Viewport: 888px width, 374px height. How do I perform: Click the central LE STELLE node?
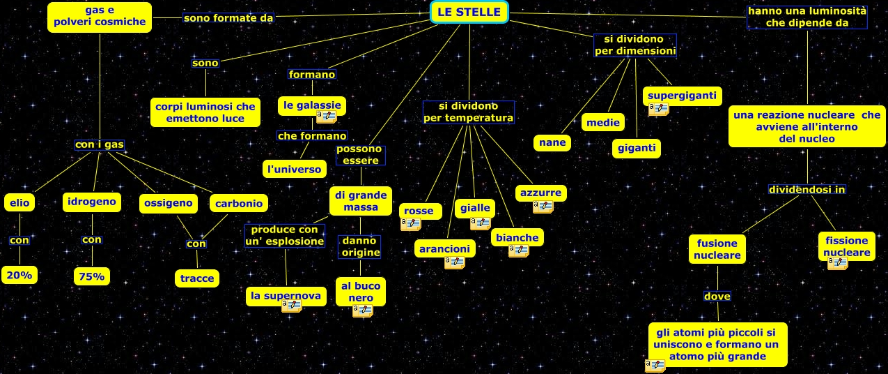point(469,12)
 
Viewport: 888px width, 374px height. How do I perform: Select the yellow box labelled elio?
point(19,203)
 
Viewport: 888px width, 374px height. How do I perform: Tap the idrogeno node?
point(91,202)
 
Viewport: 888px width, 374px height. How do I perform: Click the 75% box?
point(91,276)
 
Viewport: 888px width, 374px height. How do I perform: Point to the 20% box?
point(20,275)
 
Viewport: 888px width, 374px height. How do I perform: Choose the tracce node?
point(196,278)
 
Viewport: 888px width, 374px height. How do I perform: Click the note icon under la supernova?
point(291,306)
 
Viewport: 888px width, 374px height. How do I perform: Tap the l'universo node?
point(294,169)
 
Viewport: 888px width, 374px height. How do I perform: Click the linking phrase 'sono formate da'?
point(228,17)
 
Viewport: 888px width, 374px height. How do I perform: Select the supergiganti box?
point(682,95)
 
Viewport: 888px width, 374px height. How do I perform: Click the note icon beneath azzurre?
point(543,207)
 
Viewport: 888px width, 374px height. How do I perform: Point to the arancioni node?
point(444,248)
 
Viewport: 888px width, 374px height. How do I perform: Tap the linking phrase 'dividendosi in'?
point(807,189)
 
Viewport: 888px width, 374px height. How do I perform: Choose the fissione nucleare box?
point(846,246)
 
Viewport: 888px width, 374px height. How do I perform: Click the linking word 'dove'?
point(717,297)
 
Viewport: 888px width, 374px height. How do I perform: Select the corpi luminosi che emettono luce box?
point(205,112)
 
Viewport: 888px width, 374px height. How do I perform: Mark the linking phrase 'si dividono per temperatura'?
point(469,112)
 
